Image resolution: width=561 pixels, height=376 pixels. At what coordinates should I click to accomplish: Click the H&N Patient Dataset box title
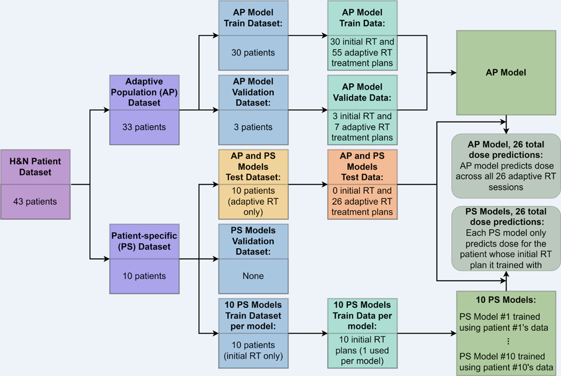35,167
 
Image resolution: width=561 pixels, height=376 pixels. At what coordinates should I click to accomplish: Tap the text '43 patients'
35,202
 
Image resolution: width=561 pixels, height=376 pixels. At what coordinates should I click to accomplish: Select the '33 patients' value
144,127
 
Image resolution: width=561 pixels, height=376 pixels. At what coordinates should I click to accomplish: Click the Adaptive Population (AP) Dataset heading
144,91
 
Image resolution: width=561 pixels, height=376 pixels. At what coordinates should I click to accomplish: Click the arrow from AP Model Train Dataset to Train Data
308,36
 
